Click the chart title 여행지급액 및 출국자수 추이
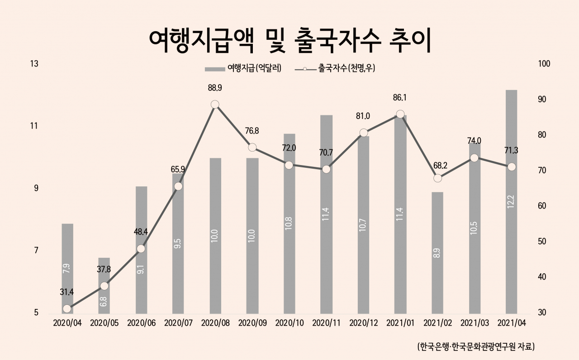(290, 41)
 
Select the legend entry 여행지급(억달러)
(243, 68)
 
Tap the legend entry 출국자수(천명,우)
(335, 68)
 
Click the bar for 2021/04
(511, 202)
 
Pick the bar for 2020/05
(104, 286)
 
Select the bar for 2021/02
(437, 253)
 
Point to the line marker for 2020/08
(215, 104)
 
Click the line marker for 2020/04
(67, 308)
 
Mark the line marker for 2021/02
(437, 178)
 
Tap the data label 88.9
(215, 88)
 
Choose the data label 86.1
(399, 98)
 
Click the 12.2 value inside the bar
(511, 202)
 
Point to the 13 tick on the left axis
(34, 64)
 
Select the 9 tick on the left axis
(36, 188)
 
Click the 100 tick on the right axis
(544, 64)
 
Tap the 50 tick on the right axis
(542, 242)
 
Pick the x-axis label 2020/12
(363, 323)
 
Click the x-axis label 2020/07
(178, 323)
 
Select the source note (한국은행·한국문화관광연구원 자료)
(476, 346)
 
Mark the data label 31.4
(66, 292)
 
